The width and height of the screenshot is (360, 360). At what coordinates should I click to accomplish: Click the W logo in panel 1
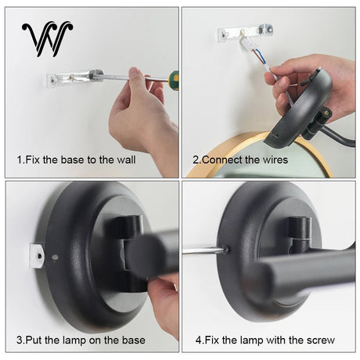pyautogui.click(x=47, y=39)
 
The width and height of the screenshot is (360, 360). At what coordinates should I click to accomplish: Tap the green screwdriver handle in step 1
pyautogui.click(x=173, y=81)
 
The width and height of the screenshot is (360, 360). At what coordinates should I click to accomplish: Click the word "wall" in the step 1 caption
pyautogui.click(x=126, y=160)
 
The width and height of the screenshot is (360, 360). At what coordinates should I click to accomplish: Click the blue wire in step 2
pyautogui.click(x=260, y=56)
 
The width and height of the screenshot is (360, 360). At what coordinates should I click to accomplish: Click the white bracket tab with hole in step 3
pyautogui.click(x=37, y=256)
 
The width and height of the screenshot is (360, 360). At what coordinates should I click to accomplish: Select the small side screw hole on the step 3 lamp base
pyautogui.click(x=55, y=257)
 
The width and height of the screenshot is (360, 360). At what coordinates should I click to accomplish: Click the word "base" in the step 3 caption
pyautogui.click(x=133, y=340)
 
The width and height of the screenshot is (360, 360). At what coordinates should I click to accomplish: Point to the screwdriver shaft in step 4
pyautogui.click(x=204, y=251)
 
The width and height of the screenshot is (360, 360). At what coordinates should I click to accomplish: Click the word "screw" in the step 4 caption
pyautogui.click(x=321, y=340)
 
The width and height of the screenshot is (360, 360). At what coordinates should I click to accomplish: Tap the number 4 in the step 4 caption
pyautogui.click(x=199, y=340)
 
